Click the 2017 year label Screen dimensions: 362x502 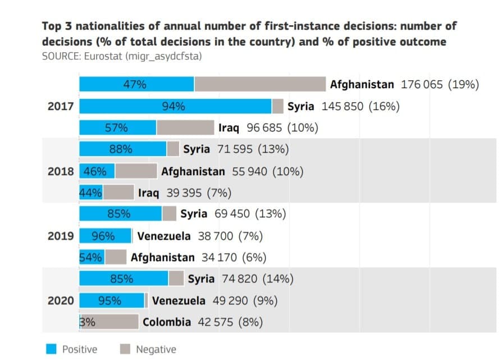pyautogui.click(x=61, y=106)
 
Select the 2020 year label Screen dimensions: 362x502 pyautogui.click(x=61, y=300)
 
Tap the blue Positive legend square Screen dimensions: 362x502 pyautogui.click(x=51, y=349)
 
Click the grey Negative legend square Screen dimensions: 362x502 pyautogui.click(x=126, y=349)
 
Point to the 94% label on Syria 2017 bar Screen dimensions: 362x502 pyautogui.click(x=174, y=106)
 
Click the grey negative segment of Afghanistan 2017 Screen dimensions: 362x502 pyautogui.click(x=259, y=84)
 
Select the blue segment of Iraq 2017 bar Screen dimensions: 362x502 pyautogui.click(x=117, y=127)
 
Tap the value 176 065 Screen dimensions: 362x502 pyautogui.click(x=422, y=84)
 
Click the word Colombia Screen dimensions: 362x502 pyautogui.click(x=167, y=322)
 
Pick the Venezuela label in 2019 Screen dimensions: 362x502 pyautogui.click(x=164, y=236)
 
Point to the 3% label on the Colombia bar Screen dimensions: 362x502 pyautogui.click(x=87, y=322)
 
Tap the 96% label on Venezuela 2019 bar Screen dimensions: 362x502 pyautogui.click(x=104, y=236)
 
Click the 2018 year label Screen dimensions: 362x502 pyautogui.click(x=61, y=171)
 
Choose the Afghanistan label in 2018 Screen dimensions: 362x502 pyautogui.click(x=193, y=171)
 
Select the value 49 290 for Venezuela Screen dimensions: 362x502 pyautogui.click(x=230, y=300)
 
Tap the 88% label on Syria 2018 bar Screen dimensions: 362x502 pyautogui.click(x=121, y=149)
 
